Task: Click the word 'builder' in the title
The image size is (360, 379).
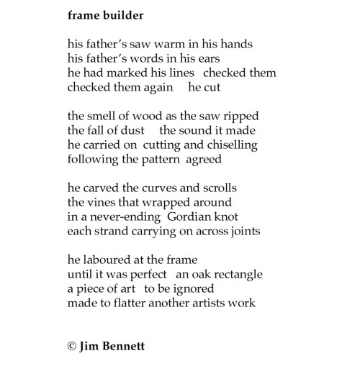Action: (124, 14)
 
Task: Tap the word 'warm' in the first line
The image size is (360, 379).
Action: (176, 44)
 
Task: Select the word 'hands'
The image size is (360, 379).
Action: (235, 44)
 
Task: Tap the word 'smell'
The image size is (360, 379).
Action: (106, 117)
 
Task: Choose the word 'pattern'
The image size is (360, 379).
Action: (161, 160)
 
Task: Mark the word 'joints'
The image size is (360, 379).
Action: (243, 232)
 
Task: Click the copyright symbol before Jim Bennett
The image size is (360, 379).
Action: (72, 346)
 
